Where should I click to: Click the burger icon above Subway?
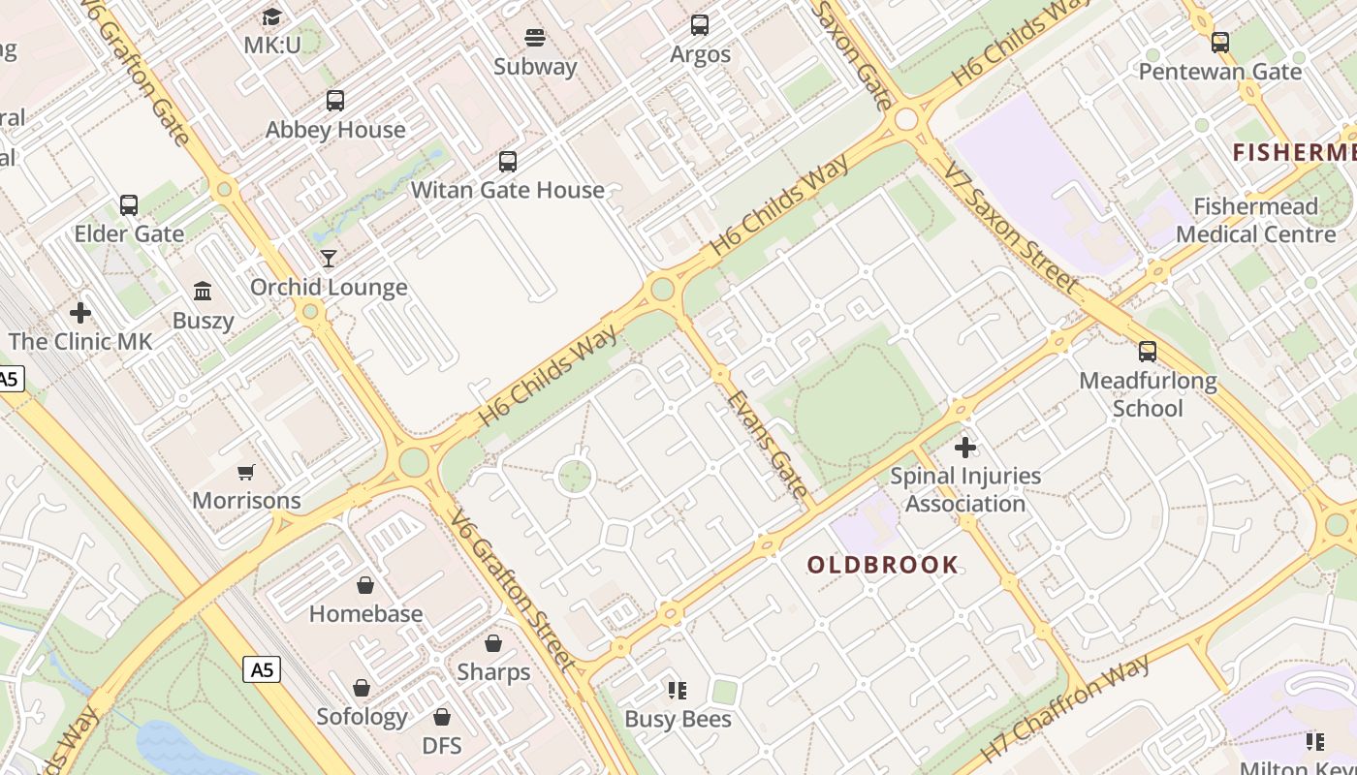point(535,38)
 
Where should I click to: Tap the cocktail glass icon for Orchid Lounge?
point(329,258)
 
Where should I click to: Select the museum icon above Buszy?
point(203,291)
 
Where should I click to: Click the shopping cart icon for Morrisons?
point(246,472)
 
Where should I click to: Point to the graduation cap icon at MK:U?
point(271,16)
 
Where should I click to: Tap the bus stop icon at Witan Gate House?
point(508,162)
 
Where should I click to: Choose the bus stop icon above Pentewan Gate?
point(1220,43)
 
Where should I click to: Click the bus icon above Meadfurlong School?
point(1148,352)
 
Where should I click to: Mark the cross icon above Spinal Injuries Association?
point(965,448)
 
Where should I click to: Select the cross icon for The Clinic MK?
point(80,313)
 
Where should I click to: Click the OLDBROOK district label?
point(883,565)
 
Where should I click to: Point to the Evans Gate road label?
point(767,444)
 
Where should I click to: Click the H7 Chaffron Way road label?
point(1065,707)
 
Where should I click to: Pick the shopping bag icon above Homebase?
point(365,585)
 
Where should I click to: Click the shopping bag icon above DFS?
point(442,717)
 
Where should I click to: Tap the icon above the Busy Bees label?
point(678,691)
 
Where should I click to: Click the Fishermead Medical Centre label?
point(1255,220)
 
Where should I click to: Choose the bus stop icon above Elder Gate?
point(129,205)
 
